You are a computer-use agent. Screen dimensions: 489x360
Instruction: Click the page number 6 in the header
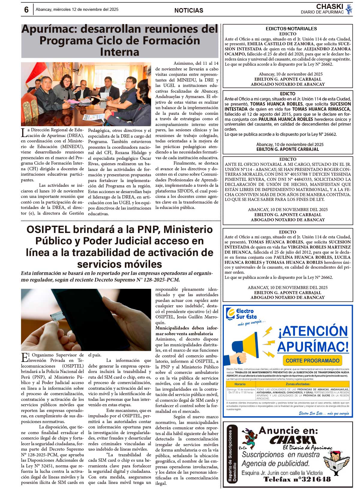pos(26,10)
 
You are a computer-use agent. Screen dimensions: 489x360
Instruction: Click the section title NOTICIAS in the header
pos(189,10)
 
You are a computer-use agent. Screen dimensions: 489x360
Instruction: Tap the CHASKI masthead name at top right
pos(329,7)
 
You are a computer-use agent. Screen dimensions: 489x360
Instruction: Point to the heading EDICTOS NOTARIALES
pos(287,29)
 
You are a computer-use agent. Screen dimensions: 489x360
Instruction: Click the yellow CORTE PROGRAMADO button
pos(313,361)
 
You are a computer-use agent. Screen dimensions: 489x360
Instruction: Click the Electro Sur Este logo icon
pos(230,314)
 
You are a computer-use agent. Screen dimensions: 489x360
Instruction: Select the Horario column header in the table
pos(240,384)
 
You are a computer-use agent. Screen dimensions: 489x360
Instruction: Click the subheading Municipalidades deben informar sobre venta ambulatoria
pos(186,331)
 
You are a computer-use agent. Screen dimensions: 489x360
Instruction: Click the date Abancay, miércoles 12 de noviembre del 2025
pos(77,10)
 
